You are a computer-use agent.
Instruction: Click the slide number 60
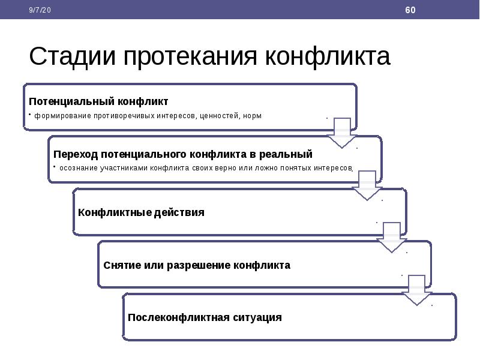(410, 10)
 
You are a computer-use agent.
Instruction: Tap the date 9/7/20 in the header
(40, 10)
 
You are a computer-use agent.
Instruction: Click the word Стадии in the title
(72, 56)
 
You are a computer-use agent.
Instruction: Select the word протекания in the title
(190, 56)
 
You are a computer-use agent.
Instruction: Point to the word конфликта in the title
(328, 56)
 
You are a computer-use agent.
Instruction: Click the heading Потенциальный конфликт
(98, 101)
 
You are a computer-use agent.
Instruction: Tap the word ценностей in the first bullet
(219, 116)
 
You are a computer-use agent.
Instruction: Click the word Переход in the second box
(76, 154)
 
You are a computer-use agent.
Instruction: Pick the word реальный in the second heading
(286, 154)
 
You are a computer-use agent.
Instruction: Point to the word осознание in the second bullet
(79, 168)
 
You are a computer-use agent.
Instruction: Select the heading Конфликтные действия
(141, 212)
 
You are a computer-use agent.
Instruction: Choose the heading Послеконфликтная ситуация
(205, 317)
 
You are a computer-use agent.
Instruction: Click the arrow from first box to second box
(342, 133)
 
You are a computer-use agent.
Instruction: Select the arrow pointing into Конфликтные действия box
(367, 185)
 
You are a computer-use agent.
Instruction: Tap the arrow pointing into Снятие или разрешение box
(392, 238)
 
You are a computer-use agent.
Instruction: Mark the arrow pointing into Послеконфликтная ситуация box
(416, 290)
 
